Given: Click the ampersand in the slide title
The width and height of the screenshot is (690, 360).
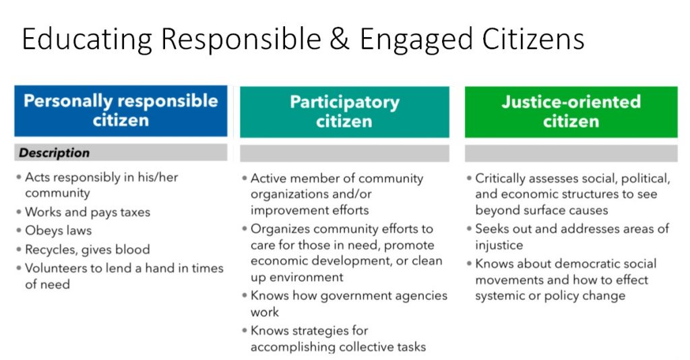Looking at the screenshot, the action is [x=340, y=39].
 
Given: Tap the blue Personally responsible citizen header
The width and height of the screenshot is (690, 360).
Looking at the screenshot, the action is [x=121, y=111].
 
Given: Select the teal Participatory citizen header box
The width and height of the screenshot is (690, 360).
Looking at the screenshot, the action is [x=344, y=112].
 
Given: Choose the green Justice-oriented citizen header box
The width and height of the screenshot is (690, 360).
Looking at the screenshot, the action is [x=571, y=112].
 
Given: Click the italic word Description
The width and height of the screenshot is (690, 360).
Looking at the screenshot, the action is [x=54, y=153].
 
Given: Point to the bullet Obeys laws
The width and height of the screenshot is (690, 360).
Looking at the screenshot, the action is [x=58, y=230].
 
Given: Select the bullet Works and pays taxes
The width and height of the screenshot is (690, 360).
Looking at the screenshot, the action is [x=87, y=212].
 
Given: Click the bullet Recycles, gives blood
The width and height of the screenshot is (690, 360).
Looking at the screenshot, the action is [x=87, y=249].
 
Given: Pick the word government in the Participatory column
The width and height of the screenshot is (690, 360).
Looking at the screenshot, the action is [x=350, y=296].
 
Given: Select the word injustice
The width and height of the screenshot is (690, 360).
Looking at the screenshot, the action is [x=499, y=245].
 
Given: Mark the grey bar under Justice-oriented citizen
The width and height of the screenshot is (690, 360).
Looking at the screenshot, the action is [x=571, y=154].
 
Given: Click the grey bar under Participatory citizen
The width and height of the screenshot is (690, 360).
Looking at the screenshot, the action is [x=344, y=154].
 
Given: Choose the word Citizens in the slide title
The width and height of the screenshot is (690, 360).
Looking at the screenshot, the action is [x=534, y=39].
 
